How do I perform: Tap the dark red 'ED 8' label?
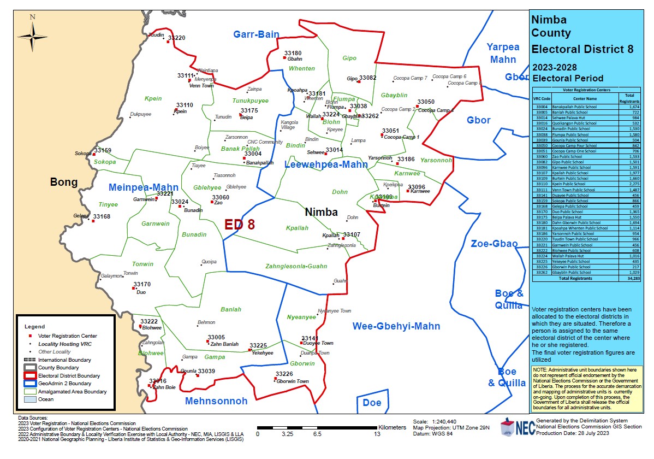coord(240,224)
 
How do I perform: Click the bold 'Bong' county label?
coord(64,182)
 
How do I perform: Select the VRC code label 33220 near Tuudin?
coord(176,38)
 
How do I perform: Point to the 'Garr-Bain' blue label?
coord(256,34)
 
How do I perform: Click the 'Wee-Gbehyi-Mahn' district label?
coord(396,326)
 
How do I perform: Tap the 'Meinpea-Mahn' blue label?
coord(144,187)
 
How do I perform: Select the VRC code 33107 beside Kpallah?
coord(352,234)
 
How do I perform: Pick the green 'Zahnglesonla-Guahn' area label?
coord(296,266)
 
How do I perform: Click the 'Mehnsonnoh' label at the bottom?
coord(216,401)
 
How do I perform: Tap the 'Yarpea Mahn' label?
coord(503,53)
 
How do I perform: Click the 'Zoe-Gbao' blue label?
coord(494,244)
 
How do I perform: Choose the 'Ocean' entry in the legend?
coord(46,399)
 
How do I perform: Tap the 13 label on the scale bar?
coord(377,434)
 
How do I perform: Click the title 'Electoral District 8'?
coord(582,49)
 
